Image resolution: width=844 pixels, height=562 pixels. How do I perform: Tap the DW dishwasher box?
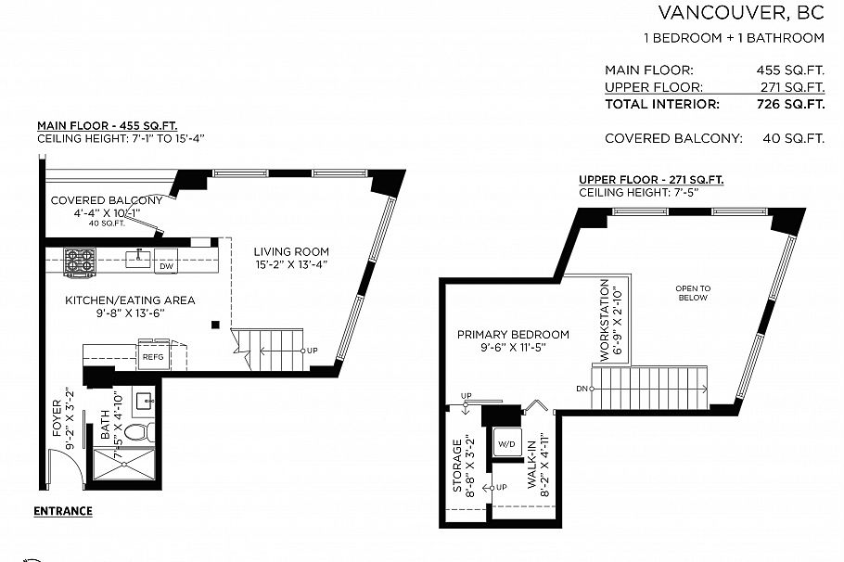pos(165,265)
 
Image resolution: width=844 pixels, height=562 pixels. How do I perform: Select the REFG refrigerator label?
pos(151,356)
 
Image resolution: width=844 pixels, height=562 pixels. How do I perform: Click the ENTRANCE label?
pos(63,511)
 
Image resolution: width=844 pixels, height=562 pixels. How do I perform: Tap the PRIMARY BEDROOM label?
pos(512,335)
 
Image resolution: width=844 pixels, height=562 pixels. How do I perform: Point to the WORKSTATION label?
pos(606,321)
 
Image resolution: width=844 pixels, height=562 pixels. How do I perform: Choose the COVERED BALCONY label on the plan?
pos(107,200)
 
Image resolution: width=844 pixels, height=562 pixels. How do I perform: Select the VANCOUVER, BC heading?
pos(740,13)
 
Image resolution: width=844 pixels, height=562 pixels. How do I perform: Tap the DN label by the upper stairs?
pos(582,388)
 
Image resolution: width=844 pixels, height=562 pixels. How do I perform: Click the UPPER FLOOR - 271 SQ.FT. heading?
pos(651,180)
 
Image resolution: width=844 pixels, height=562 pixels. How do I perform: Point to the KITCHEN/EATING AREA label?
pos(130,300)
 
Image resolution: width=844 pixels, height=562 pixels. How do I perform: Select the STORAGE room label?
pos(457,466)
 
